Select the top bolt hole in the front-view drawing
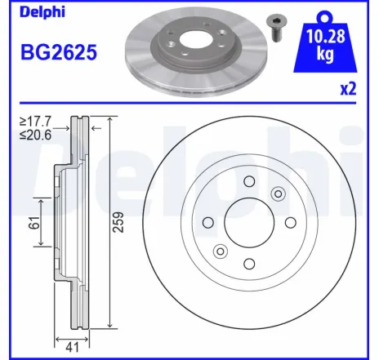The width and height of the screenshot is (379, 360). pos(250,181)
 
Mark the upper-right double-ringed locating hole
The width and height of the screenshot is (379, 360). pos(278,193)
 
